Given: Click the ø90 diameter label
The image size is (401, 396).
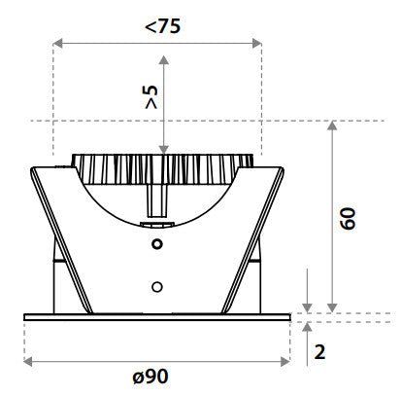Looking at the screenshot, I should (x=157, y=378).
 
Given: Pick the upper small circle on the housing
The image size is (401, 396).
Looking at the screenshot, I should (x=155, y=244).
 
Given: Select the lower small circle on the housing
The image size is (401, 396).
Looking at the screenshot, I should (x=155, y=287).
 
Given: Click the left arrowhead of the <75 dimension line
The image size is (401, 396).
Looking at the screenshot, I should (x=57, y=43).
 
